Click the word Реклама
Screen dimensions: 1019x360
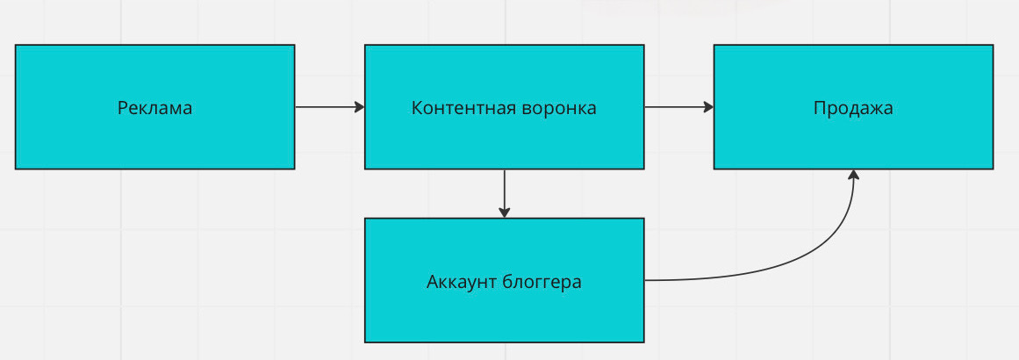point(154,108)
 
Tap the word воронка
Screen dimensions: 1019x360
point(559,108)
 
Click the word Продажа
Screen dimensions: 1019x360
point(853,108)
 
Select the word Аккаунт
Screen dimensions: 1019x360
point(463,283)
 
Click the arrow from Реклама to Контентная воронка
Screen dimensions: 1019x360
point(325,107)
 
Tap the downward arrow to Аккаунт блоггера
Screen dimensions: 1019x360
point(504,191)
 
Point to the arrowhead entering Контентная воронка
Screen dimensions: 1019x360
point(359,107)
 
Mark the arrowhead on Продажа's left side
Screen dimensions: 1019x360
point(708,107)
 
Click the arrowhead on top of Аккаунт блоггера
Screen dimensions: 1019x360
point(504,212)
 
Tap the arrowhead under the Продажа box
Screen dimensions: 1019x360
point(853,175)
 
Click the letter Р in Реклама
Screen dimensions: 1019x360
point(122,108)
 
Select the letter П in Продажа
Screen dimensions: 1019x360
point(819,108)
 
